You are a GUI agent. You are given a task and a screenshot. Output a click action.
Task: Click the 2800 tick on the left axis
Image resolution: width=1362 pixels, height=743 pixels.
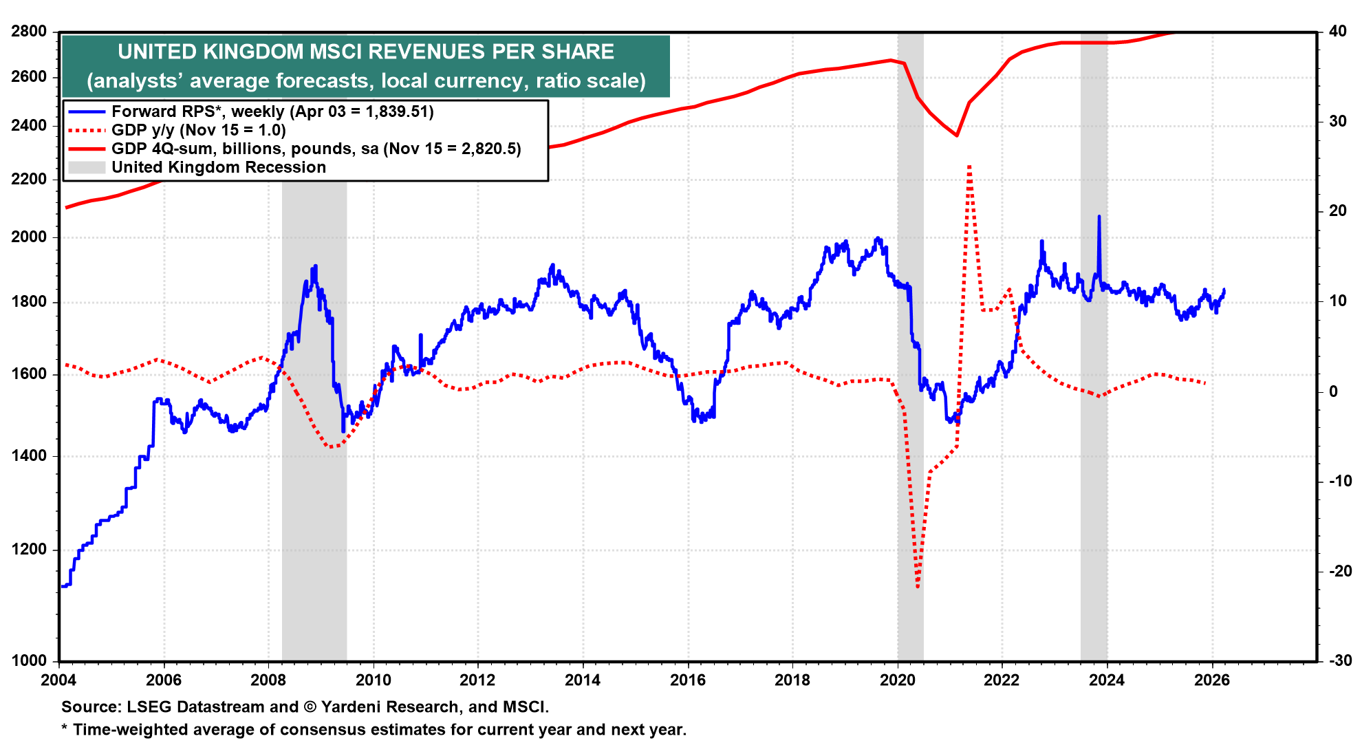point(29,32)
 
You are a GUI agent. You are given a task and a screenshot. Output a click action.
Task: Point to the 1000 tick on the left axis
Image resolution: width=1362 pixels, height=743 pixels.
point(29,660)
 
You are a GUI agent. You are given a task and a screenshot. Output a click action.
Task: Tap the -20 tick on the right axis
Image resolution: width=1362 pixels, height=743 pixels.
point(1339,571)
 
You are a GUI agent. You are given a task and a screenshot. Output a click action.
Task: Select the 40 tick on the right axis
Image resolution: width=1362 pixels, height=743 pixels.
point(1337,32)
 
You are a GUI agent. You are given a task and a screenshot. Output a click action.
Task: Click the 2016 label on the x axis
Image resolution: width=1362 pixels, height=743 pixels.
point(688,680)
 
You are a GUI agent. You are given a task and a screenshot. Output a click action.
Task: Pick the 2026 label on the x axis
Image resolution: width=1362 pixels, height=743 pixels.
point(1212,680)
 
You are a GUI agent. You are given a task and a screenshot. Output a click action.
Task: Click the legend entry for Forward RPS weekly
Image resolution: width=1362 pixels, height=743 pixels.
point(272,111)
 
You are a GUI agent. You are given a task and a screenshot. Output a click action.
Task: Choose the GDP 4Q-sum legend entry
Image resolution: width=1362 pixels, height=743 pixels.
point(316,149)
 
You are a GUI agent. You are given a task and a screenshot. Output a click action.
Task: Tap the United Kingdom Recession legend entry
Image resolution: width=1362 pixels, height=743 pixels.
point(218,167)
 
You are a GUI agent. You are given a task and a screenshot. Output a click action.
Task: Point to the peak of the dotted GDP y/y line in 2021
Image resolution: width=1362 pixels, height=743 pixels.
point(969,166)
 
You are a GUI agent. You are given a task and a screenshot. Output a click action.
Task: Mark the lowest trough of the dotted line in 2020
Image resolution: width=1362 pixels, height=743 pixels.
point(918,587)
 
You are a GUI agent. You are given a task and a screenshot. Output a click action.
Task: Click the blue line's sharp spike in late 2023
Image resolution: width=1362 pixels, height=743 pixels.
point(1099,217)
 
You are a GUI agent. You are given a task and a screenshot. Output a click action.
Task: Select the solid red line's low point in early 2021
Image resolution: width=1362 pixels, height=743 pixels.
point(957,136)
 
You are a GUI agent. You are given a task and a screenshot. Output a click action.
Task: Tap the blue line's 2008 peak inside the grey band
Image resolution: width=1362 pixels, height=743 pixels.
point(315,266)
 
